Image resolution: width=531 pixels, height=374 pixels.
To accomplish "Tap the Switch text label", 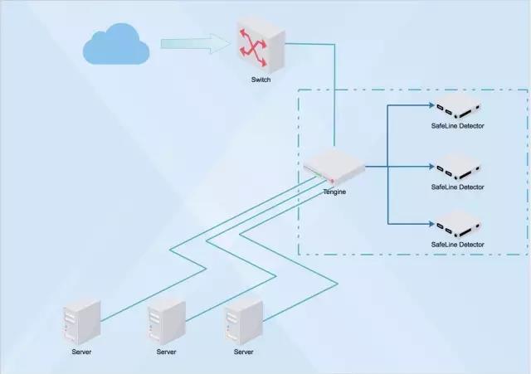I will [261, 80].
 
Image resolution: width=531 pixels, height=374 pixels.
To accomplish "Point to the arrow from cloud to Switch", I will [195, 43].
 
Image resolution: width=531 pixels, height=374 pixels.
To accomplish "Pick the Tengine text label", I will [334, 192].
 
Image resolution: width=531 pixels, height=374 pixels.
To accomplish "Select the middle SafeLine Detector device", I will [458, 166].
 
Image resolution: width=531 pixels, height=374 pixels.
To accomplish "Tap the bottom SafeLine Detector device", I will [458, 225].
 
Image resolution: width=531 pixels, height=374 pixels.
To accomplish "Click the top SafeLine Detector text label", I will [458, 127].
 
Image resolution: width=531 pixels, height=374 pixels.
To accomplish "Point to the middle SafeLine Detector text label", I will [458, 187].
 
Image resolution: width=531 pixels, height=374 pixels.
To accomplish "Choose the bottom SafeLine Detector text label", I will [458, 245].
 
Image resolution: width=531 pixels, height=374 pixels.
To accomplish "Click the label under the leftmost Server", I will [82, 352].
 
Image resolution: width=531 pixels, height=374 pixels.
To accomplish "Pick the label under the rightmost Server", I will [243, 352].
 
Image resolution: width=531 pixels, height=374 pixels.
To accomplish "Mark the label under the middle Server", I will [166, 352].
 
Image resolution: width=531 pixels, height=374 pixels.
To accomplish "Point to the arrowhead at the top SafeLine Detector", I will [431, 106].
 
